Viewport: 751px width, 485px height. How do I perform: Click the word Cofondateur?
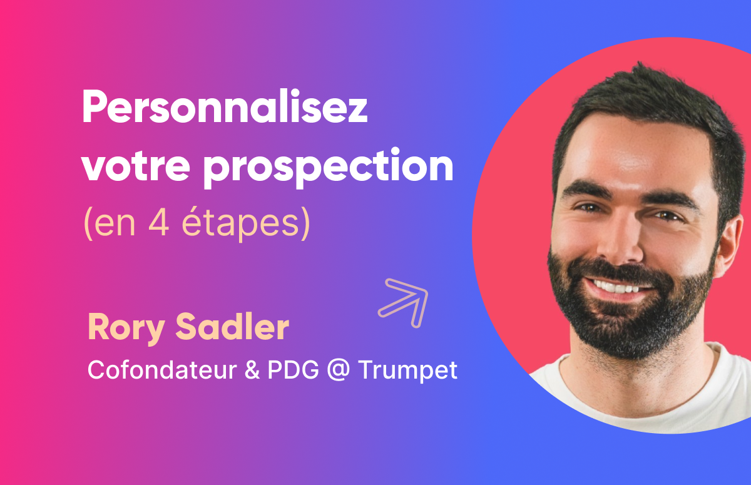(157, 369)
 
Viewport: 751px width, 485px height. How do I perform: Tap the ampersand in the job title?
(250, 369)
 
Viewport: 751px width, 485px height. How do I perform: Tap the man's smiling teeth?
(616, 287)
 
